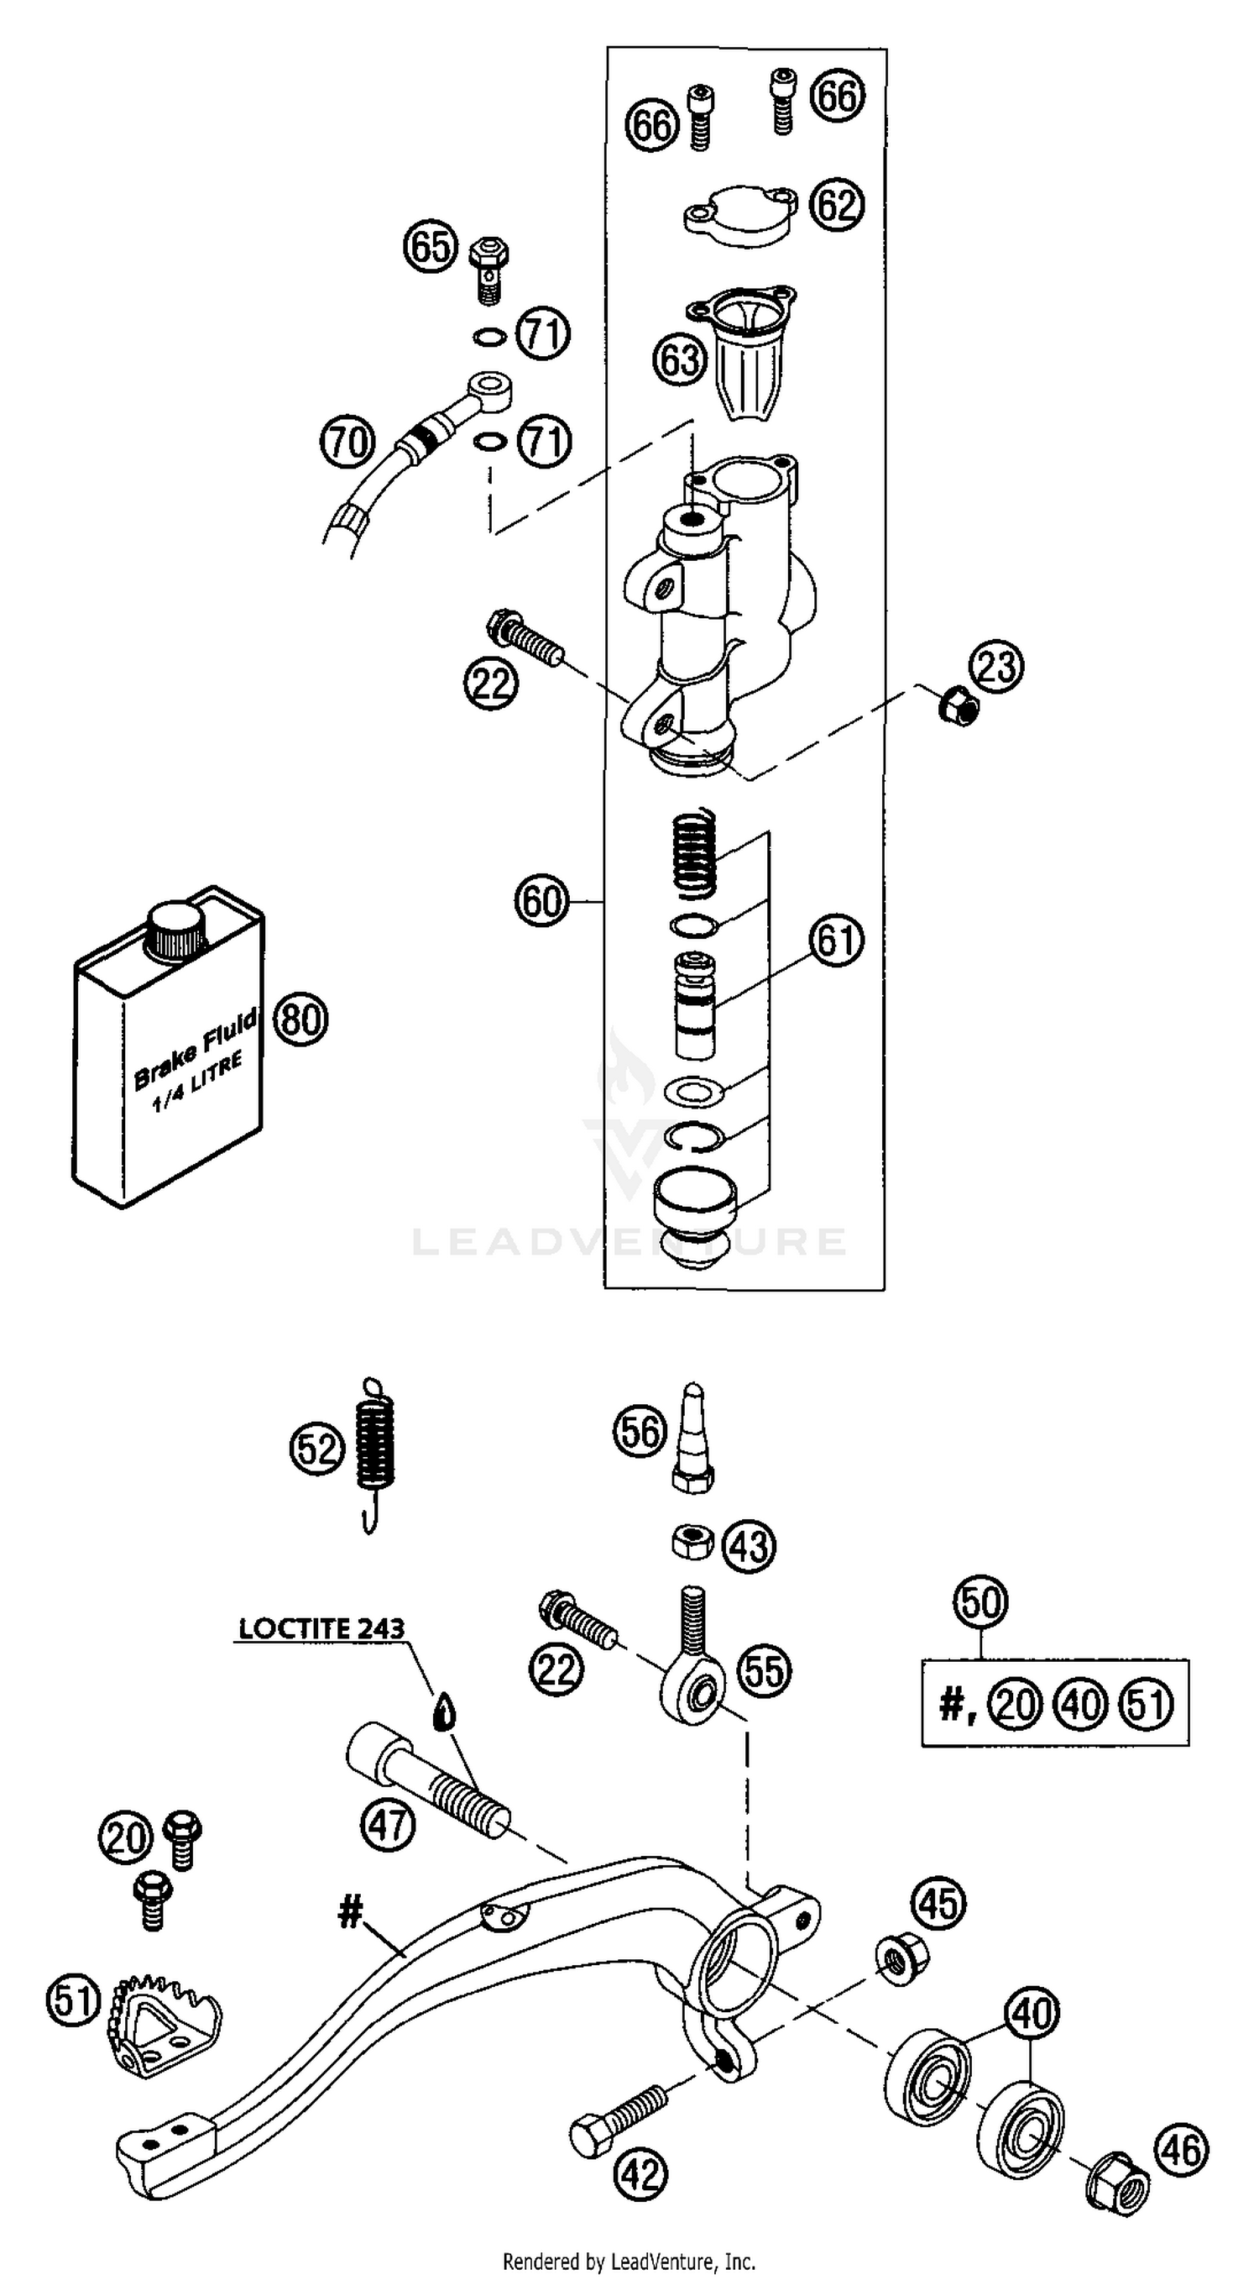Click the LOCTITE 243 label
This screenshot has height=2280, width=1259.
coord(321,1628)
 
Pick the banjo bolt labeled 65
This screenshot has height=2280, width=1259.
coord(488,265)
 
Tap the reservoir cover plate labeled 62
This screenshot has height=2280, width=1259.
coord(739,215)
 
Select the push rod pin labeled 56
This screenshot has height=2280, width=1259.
coord(694,1439)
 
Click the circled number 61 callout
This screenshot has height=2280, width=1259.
coord(834,940)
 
